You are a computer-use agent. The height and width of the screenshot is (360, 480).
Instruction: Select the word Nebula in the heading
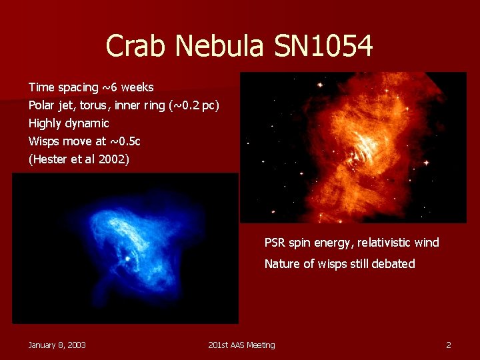pyautogui.click(x=221, y=46)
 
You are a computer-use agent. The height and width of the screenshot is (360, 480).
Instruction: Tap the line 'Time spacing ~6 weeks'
pyautogui.click(x=91, y=87)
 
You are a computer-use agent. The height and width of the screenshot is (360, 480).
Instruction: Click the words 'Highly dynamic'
pyautogui.click(x=69, y=123)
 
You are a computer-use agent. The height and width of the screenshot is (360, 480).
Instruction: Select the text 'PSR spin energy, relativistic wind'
pyautogui.click(x=351, y=243)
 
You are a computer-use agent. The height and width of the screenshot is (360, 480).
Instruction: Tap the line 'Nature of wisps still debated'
pyautogui.click(x=339, y=264)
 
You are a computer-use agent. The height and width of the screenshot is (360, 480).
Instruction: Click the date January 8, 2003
pyautogui.click(x=57, y=345)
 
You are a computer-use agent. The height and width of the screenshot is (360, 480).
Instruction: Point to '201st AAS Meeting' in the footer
pyautogui.click(x=241, y=345)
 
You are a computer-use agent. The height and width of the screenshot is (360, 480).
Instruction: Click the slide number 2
pyautogui.click(x=449, y=345)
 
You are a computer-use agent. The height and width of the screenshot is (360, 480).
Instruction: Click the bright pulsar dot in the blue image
pyautogui.click(x=127, y=257)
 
